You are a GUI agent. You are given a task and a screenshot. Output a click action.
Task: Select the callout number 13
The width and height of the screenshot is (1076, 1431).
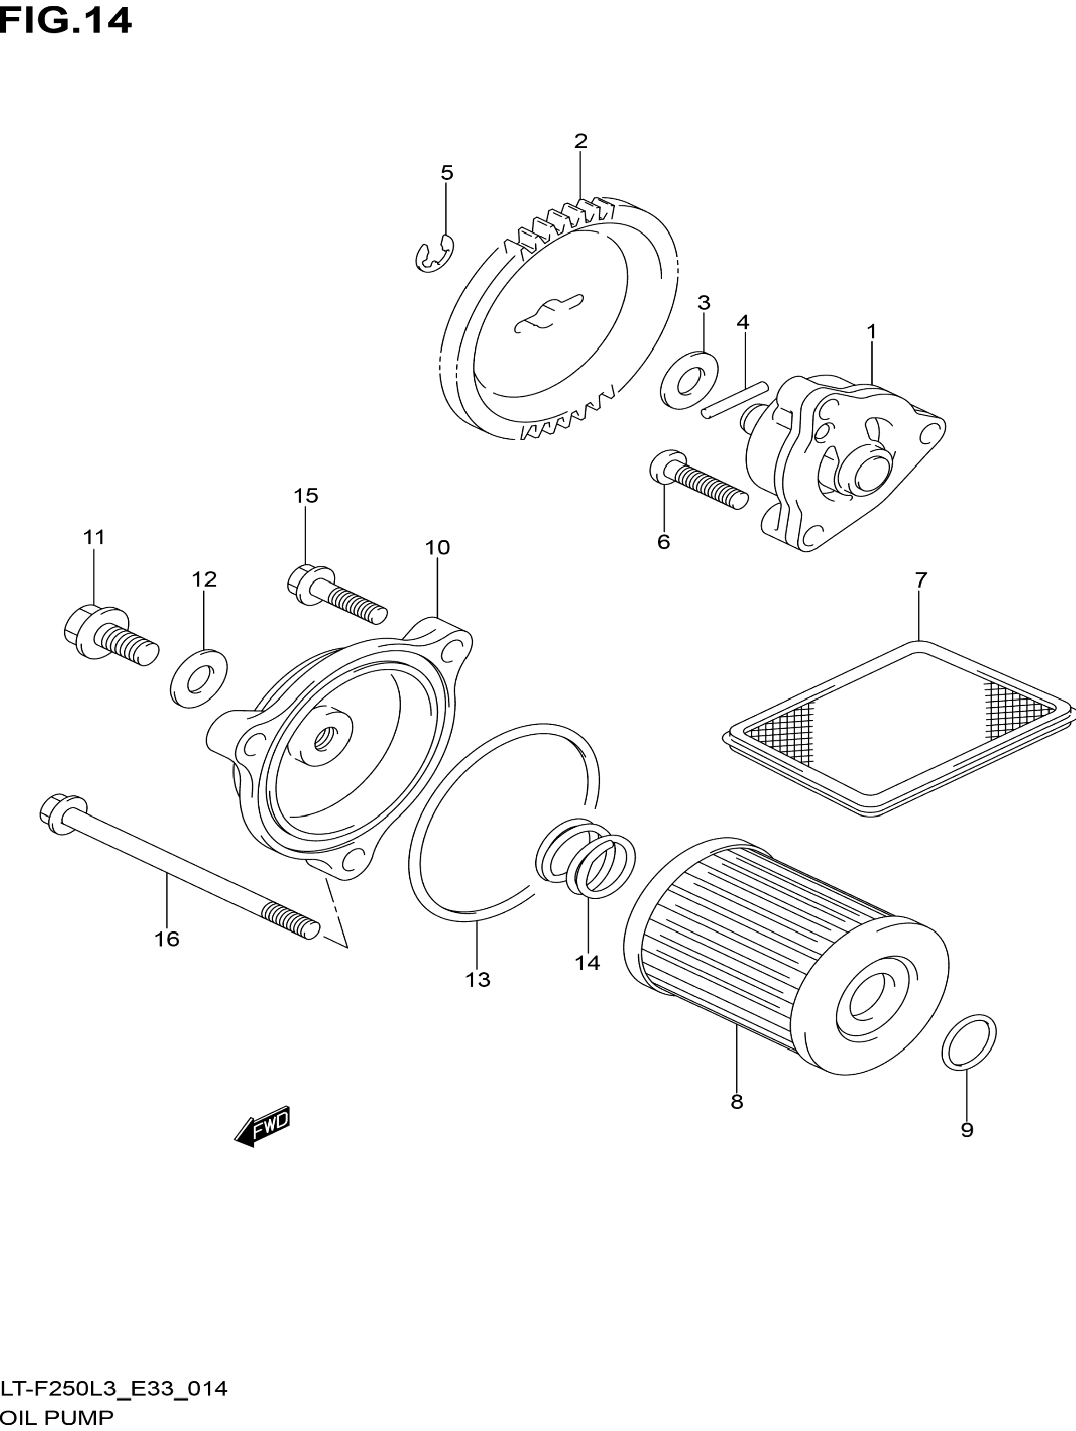click(478, 980)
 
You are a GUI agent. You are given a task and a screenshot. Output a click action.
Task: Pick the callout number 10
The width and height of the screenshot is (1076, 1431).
click(437, 547)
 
